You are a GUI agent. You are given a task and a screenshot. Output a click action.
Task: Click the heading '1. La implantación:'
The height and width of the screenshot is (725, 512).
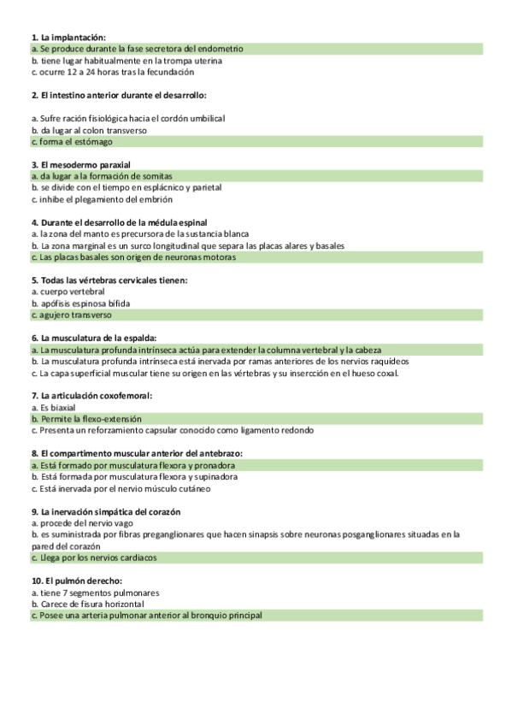(68, 38)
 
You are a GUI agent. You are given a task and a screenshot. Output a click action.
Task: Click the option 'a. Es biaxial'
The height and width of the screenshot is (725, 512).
(53, 408)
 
